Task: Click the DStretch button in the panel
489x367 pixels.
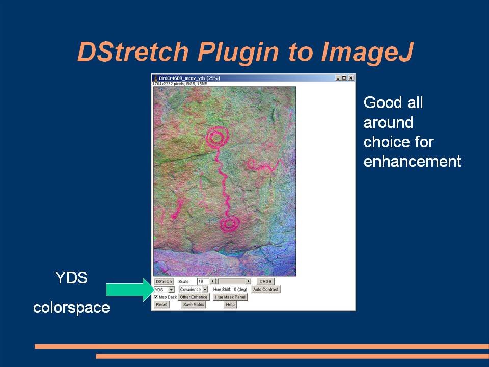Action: tap(164, 281)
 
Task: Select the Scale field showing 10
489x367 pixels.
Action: tap(202, 281)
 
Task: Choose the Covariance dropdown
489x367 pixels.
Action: tap(194, 290)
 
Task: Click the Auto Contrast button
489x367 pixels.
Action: tap(266, 290)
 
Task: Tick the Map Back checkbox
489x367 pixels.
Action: tap(156, 297)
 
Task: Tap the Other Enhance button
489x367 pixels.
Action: tap(194, 297)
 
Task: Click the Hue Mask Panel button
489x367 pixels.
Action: tap(230, 297)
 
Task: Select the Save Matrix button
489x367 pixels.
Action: tap(194, 305)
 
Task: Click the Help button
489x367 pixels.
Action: tap(230, 305)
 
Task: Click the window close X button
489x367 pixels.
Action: tap(351, 78)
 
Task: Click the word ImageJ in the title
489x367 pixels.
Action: tap(367, 51)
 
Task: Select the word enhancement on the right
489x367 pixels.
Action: tap(412, 162)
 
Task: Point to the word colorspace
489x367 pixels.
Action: tap(71, 308)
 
